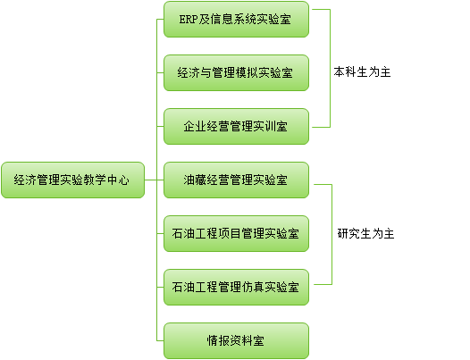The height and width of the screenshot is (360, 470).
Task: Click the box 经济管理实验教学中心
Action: click(73, 180)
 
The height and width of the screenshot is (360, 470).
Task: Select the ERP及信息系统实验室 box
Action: click(236, 19)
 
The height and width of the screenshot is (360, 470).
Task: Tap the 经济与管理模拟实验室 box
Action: click(236, 73)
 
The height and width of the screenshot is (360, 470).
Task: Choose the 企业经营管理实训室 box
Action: click(236, 126)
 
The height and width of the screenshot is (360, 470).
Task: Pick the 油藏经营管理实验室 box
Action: click(236, 180)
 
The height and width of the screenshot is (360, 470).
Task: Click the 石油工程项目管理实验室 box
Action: click(236, 233)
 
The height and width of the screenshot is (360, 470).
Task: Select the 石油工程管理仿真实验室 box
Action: click(236, 287)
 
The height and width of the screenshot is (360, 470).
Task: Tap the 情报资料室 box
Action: click(236, 341)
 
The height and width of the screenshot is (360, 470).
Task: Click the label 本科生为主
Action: click(362, 72)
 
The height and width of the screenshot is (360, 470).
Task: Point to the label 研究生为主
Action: click(365, 233)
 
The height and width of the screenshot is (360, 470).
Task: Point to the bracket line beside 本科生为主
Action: click(330, 69)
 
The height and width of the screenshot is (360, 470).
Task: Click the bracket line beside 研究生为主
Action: click(332, 234)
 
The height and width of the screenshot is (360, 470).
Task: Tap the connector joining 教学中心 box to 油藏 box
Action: click(154, 180)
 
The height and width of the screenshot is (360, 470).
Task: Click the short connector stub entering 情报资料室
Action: click(160, 341)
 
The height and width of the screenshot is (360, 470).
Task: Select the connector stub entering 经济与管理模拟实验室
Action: click(160, 73)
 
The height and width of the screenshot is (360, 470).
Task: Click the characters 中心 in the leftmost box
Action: click(118, 180)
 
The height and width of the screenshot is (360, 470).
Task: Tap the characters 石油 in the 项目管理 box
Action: click(183, 233)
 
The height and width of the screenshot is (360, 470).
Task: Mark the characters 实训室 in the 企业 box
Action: click(271, 126)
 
